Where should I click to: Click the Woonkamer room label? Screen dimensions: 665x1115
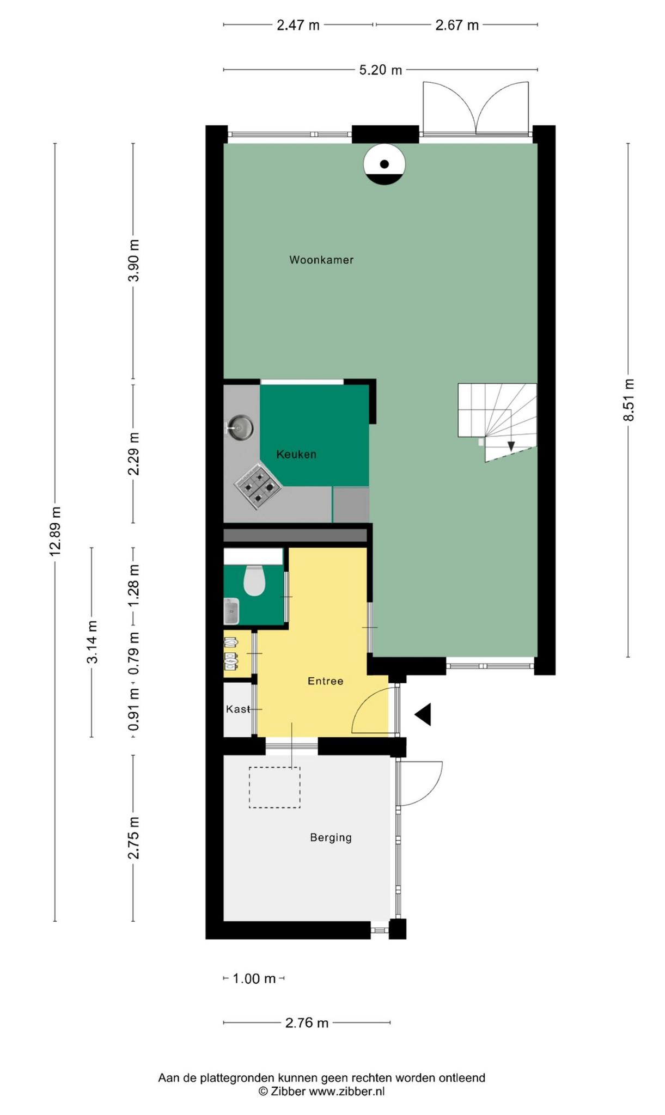321,260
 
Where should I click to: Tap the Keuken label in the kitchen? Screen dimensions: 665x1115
296,454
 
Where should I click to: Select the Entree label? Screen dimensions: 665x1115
325,681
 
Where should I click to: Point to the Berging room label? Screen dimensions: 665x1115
331,837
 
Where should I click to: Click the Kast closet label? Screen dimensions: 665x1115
238,709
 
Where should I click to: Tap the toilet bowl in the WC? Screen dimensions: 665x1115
254,580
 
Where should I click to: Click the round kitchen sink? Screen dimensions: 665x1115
240,427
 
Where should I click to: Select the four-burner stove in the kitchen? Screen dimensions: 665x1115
258,486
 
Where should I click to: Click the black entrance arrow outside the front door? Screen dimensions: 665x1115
423,714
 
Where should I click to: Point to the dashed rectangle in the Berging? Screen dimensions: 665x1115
274,787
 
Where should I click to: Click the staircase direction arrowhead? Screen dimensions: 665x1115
511,446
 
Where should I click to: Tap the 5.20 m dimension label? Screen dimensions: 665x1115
381,70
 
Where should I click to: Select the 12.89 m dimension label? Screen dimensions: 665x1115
55,531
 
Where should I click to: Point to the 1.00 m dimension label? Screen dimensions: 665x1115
254,978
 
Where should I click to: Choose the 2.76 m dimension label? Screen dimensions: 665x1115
307,1022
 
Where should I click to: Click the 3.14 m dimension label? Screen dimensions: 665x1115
92,642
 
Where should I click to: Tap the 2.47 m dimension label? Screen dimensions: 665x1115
298,25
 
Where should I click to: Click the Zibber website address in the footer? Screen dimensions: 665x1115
347,1091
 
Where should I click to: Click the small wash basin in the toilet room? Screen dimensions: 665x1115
231,611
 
